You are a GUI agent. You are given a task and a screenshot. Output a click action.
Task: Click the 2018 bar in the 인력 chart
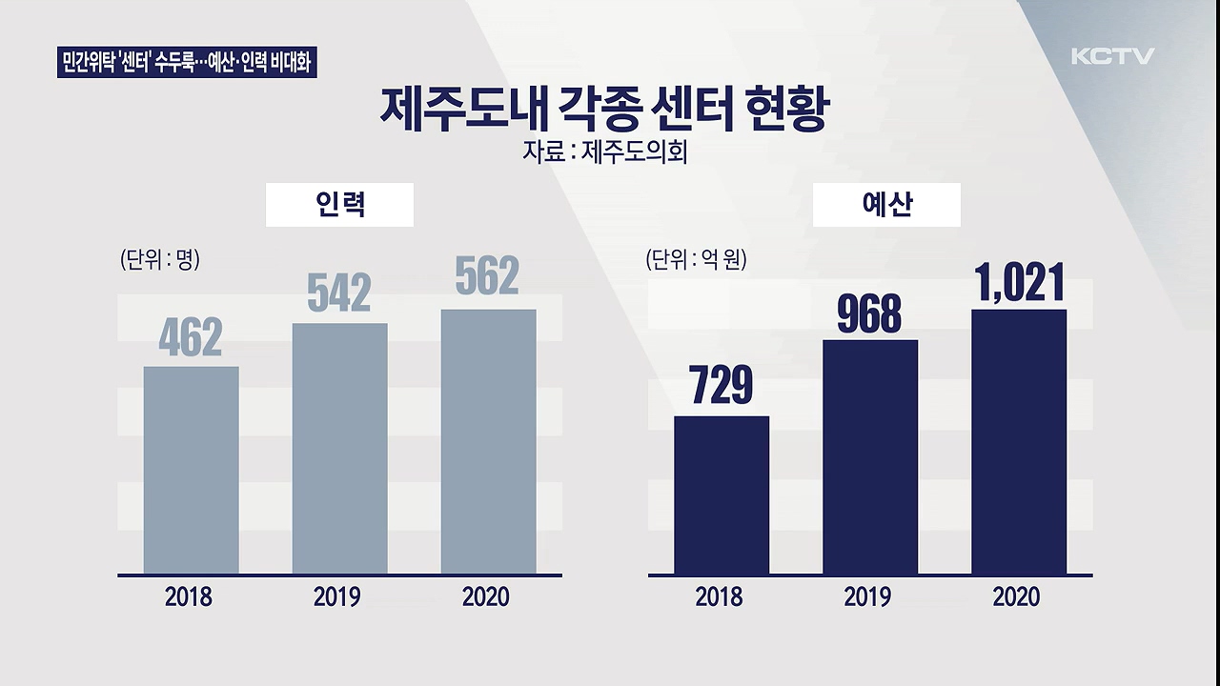click(x=191, y=470)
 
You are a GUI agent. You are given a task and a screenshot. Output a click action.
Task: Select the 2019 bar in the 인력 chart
click(x=339, y=449)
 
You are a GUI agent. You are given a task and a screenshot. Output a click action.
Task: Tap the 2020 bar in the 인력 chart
click(x=488, y=441)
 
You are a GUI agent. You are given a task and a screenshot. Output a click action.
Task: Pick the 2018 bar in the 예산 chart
click(x=721, y=494)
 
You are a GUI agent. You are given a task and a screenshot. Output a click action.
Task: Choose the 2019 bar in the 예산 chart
click(x=869, y=456)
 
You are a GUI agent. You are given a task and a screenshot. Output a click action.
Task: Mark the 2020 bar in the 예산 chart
click(x=1018, y=441)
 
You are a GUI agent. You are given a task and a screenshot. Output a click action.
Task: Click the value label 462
click(x=191, y=337)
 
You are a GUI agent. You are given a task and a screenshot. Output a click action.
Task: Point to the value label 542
click(x=339, y=293)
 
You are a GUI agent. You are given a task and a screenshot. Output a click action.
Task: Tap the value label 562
click(x=487, y=276)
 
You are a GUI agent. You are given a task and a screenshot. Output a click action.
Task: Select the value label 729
click(x=721, y=386)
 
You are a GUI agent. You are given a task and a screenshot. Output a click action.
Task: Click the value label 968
click(x=869, y=313)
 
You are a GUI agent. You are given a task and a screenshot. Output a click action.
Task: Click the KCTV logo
click(x=1112, y=56)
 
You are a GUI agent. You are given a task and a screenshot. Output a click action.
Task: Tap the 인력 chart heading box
click(x=339, y=205)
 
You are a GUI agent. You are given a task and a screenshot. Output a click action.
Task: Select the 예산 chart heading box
click(x=886, y=205)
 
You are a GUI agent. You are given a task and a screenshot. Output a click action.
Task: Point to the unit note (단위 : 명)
click(x=159, y=260)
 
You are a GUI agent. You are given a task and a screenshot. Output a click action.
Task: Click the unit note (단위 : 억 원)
click(x=696, y=260)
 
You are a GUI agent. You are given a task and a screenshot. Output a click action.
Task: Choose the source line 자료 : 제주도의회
click(x=604, y=152)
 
